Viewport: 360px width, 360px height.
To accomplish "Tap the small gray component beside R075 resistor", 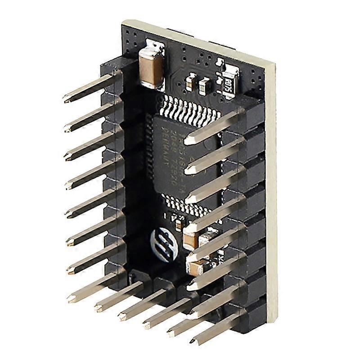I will [205, 84].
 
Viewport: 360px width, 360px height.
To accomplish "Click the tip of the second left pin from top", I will [67, 128].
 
